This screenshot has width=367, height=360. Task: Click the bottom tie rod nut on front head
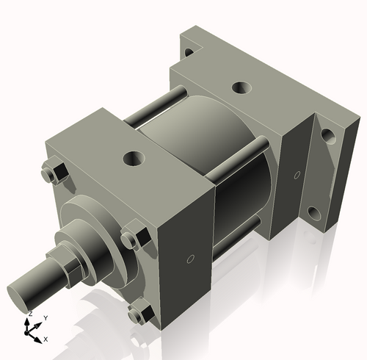coord(137,315)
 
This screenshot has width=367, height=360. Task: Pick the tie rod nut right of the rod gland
coord(131,239)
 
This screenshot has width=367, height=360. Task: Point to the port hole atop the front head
coord(134,157)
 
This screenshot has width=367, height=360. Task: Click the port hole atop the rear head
coord(241,88)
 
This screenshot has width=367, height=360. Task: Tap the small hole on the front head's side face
coord(191,259)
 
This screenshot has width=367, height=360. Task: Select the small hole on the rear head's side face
coord(297,174)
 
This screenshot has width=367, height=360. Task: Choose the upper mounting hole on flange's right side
coord(327,136)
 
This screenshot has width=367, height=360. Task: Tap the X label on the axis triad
coord(46,339)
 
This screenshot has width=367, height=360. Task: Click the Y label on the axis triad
coord(46,317)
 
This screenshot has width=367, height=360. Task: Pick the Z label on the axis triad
coord(29,314)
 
